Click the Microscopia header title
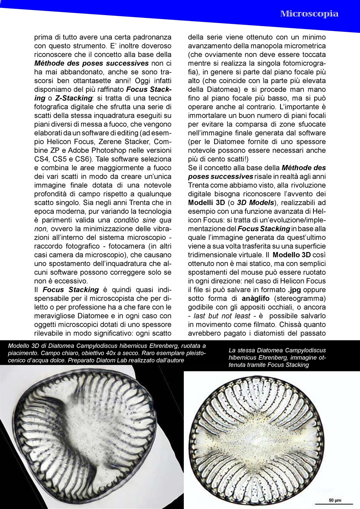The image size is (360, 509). pos(309,14)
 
